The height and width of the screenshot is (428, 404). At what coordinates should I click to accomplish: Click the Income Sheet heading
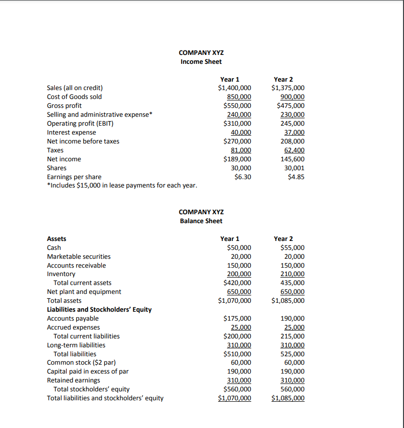(201, 61)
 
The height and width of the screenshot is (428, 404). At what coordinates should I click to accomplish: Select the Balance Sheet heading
(201, 221)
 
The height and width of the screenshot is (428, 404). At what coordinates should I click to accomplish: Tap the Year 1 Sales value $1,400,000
(234, 88)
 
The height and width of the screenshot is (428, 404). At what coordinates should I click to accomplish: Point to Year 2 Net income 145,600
(292, 159)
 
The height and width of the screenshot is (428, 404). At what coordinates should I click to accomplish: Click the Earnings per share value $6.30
(242, 177)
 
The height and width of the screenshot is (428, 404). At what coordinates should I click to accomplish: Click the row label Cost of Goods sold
(74, 97)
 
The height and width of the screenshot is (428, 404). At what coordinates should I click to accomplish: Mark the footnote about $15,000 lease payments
(122, 186)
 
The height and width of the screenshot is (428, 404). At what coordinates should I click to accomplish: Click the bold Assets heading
(56, 238)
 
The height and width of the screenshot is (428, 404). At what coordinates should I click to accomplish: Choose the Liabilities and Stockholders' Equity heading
(99, 310)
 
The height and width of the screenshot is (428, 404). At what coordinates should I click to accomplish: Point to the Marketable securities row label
(79, 256)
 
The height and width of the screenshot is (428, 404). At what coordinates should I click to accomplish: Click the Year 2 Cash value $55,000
(292, 247)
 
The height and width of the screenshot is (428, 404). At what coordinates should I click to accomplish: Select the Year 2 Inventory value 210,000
(292, 274)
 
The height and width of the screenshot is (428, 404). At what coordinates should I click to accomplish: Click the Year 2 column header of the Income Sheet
(283, 79)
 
